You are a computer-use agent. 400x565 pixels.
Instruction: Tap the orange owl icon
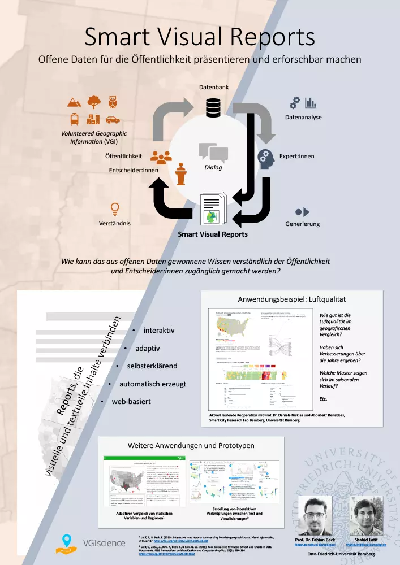(x=113, y=102)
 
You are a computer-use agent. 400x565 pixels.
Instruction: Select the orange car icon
(x=112, y=120)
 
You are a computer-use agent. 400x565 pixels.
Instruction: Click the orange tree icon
(x=93, y=102)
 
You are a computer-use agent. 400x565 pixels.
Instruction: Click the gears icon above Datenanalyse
(x=295, y=103)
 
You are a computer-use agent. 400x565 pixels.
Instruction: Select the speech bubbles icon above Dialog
(x=213, y=152)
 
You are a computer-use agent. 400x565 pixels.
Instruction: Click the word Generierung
(x=302, y=224)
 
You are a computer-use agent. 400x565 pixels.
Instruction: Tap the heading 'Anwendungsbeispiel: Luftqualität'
(x=291, y=299)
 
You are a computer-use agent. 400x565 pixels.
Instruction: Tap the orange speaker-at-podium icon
(x=181, y=174)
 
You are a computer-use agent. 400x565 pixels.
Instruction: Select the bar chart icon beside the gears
(x=311, y=103)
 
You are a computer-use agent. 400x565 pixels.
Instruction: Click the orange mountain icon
(x=74, y=102)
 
